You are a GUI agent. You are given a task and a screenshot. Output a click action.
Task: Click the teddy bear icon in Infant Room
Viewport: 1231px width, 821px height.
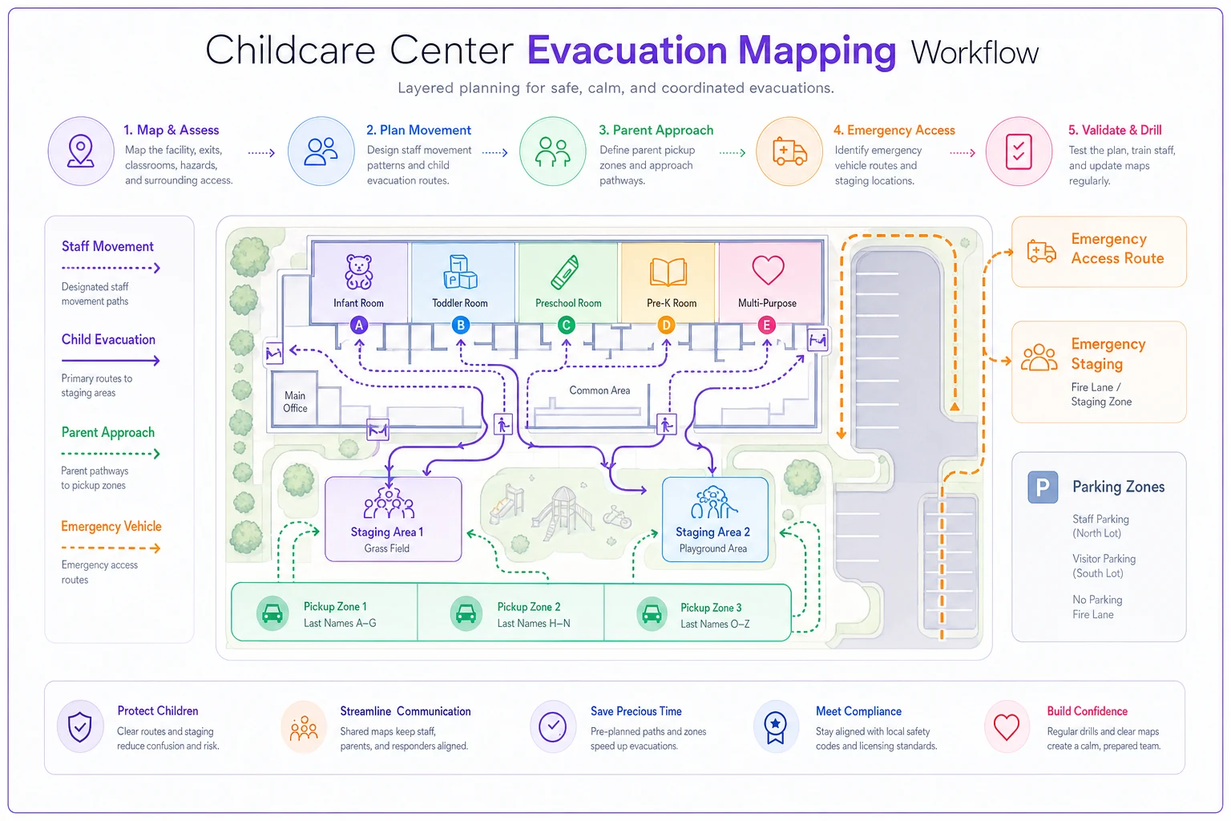358,272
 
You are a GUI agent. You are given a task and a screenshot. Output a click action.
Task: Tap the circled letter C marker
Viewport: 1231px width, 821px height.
566,326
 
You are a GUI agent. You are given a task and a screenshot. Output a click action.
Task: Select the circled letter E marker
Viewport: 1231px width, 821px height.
767,326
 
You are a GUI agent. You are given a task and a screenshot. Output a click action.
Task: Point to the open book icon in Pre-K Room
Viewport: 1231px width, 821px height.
668,272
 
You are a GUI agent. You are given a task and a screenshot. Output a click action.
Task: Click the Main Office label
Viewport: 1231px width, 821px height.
295,402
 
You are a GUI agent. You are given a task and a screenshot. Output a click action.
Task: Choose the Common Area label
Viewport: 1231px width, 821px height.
599,390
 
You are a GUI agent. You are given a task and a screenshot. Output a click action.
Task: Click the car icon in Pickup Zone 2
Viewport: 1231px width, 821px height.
466,613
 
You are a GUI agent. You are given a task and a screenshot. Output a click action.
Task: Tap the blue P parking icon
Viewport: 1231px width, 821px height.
1043,487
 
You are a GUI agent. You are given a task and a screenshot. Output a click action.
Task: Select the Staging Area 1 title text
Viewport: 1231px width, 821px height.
387,532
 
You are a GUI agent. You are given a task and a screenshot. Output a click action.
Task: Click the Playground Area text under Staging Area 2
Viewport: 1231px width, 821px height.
712,548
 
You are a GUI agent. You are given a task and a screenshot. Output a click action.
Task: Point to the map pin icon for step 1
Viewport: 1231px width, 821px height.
81,152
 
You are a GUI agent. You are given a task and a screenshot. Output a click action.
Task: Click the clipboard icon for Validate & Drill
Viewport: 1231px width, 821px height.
1019,152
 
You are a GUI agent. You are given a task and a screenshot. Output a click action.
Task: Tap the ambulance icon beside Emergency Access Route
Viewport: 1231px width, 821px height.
1041,251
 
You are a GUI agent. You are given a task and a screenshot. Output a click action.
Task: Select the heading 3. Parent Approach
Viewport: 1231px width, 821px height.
656,131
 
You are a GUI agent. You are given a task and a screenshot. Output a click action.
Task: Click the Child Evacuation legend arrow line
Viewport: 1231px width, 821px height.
111,361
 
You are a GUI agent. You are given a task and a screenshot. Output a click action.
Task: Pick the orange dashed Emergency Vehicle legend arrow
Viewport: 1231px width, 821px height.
111,548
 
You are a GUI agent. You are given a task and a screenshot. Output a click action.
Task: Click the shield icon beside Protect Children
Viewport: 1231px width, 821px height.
79,726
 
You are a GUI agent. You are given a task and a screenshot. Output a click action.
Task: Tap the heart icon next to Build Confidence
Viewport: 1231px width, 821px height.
1007,727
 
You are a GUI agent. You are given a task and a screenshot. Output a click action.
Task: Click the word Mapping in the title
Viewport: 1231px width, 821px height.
817,51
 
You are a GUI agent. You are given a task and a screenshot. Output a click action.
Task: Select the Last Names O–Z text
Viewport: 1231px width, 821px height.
714,624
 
